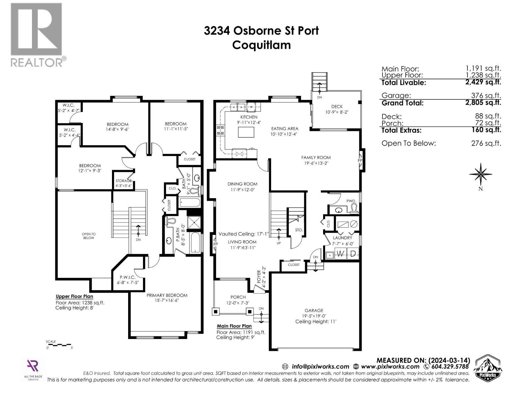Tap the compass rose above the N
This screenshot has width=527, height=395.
[x=481, y=174]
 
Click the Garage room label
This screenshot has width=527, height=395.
[x=314, y=310]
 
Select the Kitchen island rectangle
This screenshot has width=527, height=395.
[x=246, y=132]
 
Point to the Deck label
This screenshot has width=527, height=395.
[x=337, y=107]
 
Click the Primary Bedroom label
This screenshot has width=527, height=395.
[x=167, y=295]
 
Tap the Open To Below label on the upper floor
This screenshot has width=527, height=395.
[x=89, y=236]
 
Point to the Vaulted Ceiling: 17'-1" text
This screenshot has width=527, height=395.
[x=244, y=234]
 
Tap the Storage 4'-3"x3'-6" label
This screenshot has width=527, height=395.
[x=124, y=183]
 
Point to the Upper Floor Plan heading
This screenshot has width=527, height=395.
[x=74, y=296]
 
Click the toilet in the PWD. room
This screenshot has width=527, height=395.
[x=354, y=208]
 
